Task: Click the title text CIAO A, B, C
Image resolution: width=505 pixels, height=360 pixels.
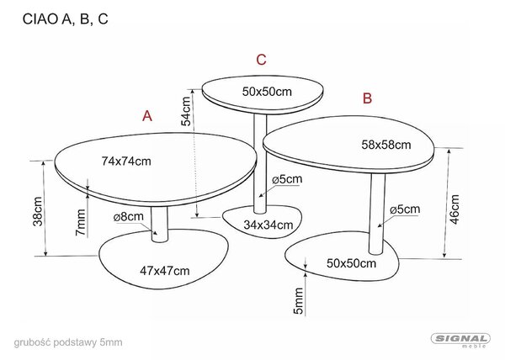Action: [x=66, y=19]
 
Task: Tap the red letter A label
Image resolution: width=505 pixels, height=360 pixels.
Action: [x=147, y=116]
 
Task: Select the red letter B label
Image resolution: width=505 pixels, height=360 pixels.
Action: [x=367, y=98]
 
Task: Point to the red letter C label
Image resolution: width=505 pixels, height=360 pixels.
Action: [x=261, y=60]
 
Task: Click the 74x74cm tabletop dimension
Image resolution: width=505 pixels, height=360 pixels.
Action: [x=126, y=161]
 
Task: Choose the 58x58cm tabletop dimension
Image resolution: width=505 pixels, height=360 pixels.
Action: [x=386, y=145]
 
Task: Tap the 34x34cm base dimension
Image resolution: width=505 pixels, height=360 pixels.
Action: [x=268, y=225]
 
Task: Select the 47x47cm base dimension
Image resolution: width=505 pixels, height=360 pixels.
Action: [x=165, y=271]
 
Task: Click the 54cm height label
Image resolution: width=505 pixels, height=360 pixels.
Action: [x=186, y=111]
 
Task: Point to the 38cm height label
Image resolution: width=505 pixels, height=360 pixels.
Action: [x=38, y=211]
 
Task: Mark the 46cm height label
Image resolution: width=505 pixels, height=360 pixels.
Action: [x=454, y=209]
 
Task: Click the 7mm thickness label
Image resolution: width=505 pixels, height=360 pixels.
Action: [x=81, y=222]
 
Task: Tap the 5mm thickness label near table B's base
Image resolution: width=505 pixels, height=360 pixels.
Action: [x=298, y=301]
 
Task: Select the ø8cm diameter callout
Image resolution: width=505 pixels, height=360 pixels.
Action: [x=128, y=217]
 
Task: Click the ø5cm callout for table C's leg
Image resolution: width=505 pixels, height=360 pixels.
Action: [x=287, y=179]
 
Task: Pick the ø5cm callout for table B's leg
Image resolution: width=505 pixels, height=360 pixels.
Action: [x=405, y=209]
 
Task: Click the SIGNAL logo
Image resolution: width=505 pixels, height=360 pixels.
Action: [x=460, y=340]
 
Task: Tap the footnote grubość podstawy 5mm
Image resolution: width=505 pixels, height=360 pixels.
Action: [x=68, y=342]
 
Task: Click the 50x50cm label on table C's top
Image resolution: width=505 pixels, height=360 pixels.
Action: [x=267, y=92]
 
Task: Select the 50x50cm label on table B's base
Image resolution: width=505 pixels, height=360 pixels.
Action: [x=351, y=263]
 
